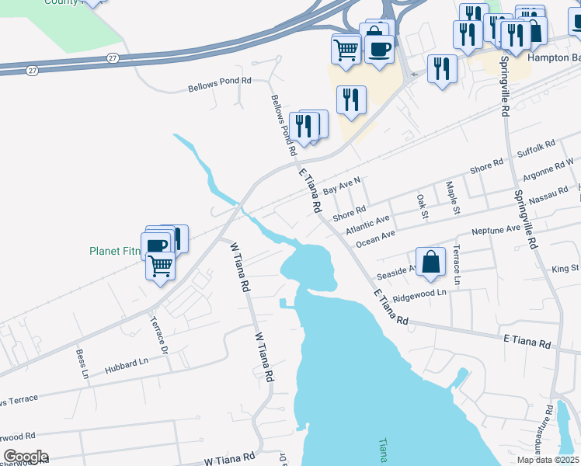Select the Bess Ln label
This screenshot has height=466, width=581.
tap(81, 363)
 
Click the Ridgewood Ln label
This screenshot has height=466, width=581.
tap(419, 294)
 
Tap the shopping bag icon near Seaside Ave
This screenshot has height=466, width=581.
tap(430, 263)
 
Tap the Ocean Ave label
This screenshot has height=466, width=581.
tap(376, 238)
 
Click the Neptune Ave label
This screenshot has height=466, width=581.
tap(496, 231)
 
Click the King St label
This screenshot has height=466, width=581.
tap(565, 268)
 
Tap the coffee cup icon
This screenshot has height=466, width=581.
tap(380, 49)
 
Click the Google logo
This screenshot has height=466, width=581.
tap(25, 457)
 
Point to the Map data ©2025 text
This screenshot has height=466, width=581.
tap(548, 460)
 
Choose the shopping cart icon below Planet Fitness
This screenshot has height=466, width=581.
tap(161, 266)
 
